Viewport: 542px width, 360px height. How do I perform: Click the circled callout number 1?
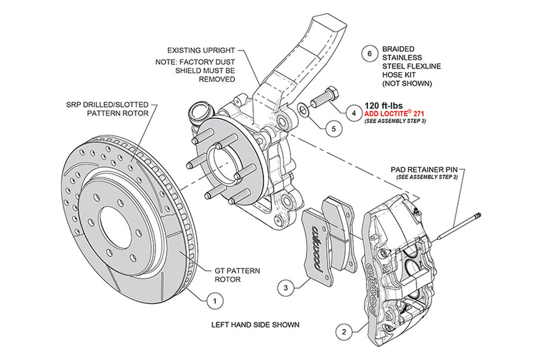[x=214, y=302]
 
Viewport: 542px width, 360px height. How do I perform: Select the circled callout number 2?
[x=344, y=332]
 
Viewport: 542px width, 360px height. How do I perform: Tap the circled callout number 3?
[x=285, y=288]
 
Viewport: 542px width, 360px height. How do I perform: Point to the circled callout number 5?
[x=332, y=128]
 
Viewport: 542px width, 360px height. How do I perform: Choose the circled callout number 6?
[x=370, y=53]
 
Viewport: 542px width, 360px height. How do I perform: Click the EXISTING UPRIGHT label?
[x=201, y=51]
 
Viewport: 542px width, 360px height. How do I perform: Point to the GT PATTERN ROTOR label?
[x=237, y=275]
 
